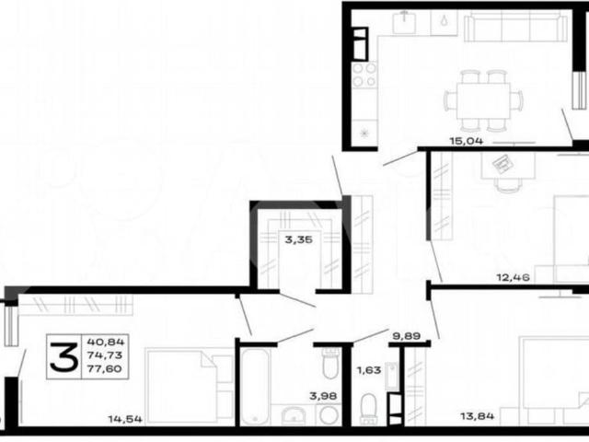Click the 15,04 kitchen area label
pyautogui.click(x=467, y=141)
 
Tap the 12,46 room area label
pyautogui.click(x=514, y=278)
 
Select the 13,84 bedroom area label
pyautogui.click(x=478, y=416)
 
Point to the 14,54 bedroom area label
pyautogui.click(x=125, y=419)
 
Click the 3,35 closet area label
pyautogui.click(x=298, y=239)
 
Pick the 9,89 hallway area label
pyautogui.click(x=407, y=335)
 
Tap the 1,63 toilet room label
pyautogui.click(x=369, y=370)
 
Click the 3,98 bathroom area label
pyautogui.click(x=323, y=396)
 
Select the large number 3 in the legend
pyautogui.click(x=64, y=356)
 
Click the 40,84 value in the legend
pyautogui.click(x=106, y=342)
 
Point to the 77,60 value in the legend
pyautogui.click(x=104, y=368)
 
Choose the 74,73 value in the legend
pyautogui.click(x=105, y=355)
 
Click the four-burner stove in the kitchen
pyautogui.click(x=364, y=75)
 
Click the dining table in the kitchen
pyautogui.click(x=483, y=100)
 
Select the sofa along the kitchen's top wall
pyautogui.click(x=515, y=26)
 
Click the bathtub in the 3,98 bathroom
pyautogui.click(x=255, y=387)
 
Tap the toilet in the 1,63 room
pyautogui.click(x=368, y=409)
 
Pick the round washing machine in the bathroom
pyautogui.click(x=329, y=415)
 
